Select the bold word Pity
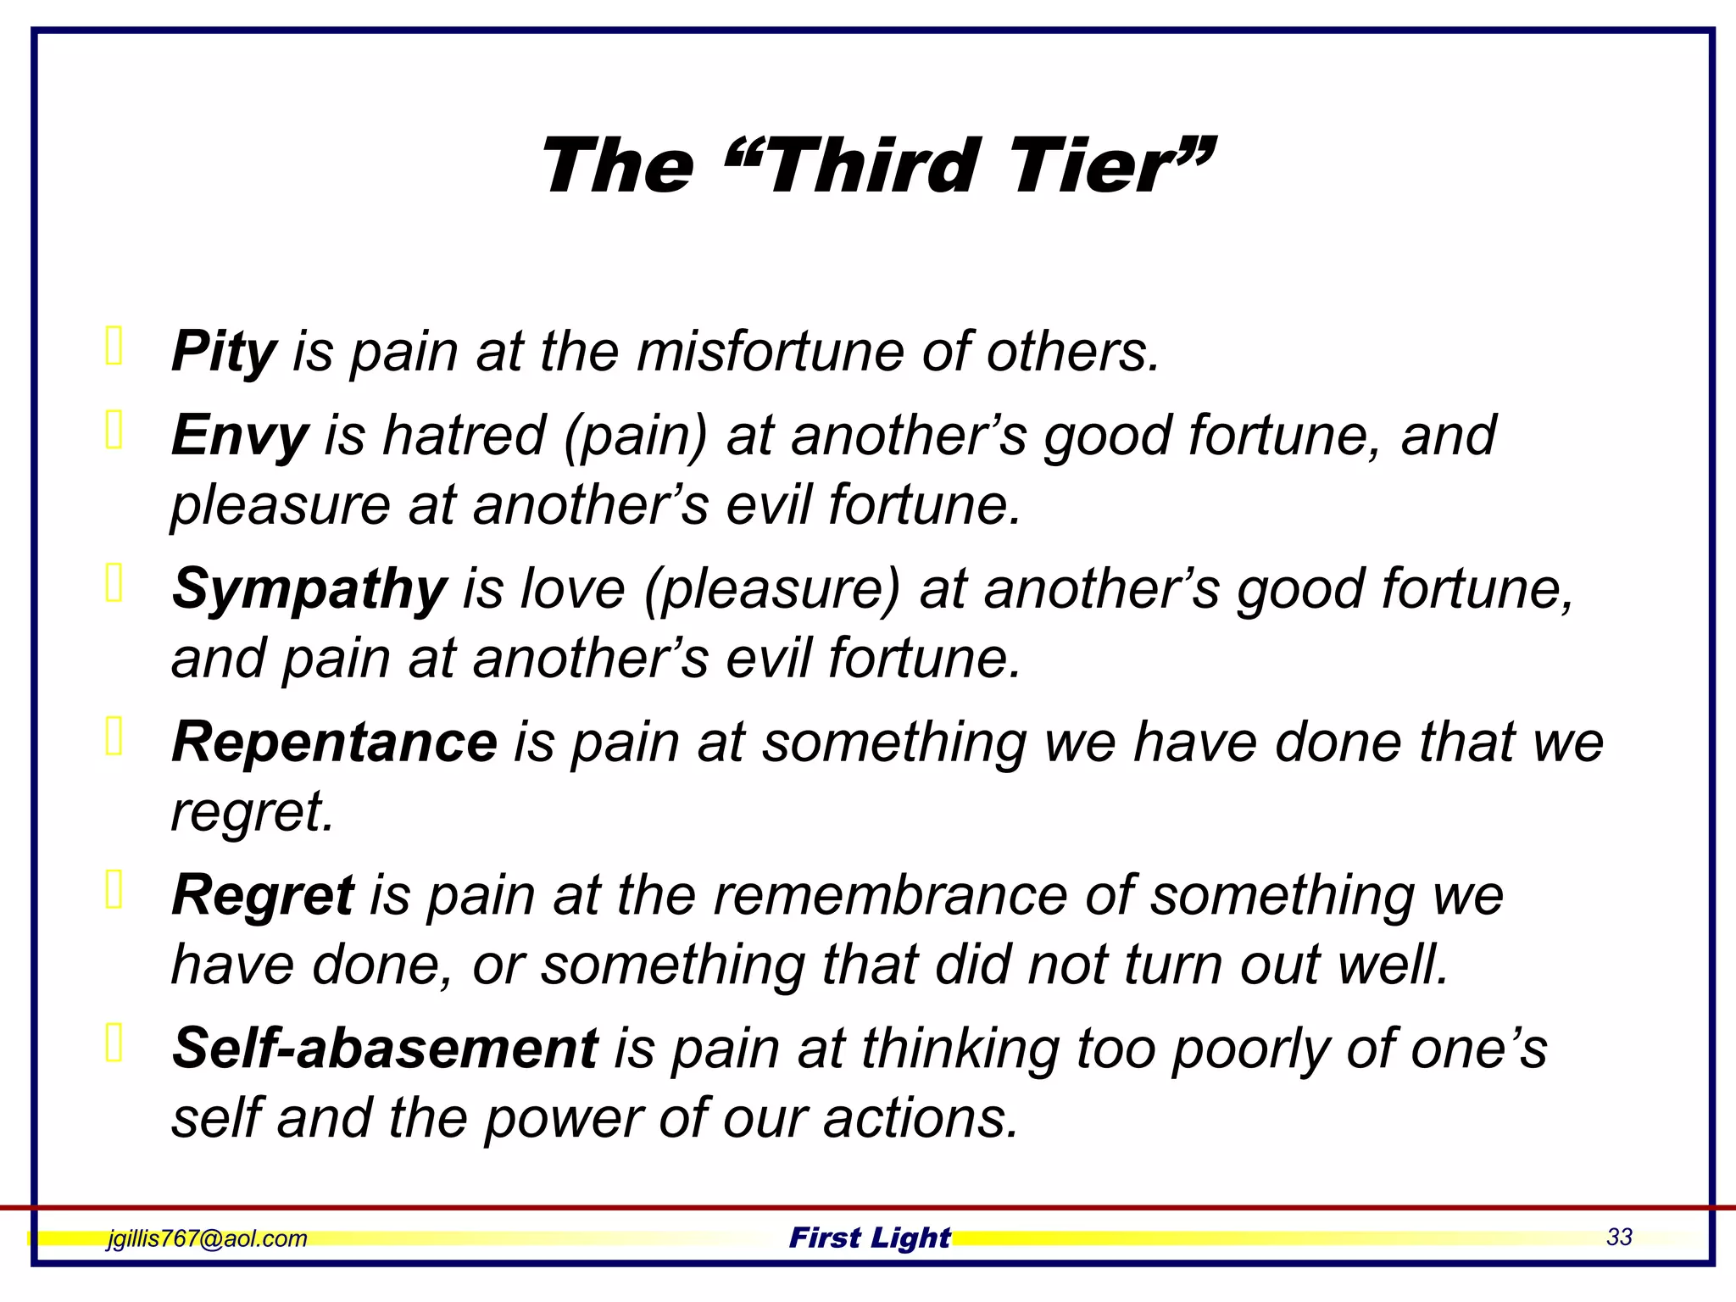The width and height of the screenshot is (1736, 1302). click(224, 351)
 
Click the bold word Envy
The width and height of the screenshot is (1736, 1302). click(240, 436)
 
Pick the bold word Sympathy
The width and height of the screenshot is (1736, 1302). click(309, 589)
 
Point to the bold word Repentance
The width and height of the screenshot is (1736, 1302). click(334, 742)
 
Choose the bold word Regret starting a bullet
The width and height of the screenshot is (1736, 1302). click(262, 895)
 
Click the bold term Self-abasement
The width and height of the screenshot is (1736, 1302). click(385, 1049)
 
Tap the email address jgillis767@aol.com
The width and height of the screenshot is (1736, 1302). click(207, 1238)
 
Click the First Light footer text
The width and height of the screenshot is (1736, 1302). click(870, 1238)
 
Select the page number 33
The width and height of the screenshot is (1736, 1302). click(1619, 1237)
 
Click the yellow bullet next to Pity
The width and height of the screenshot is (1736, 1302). click(114, 346)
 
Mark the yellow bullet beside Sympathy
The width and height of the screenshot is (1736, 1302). click(114, 584)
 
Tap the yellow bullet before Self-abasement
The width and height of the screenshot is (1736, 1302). click(114, 1043)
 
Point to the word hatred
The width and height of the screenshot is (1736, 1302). click(463, 436)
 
